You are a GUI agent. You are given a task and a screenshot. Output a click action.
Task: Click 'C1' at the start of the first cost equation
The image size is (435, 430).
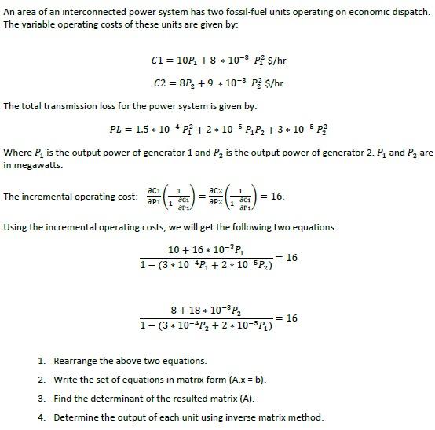click(157, 61)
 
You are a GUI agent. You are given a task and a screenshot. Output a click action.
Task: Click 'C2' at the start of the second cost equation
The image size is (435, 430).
click(157, 83)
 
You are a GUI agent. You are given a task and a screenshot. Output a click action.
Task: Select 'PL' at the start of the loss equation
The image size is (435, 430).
click(118, 129)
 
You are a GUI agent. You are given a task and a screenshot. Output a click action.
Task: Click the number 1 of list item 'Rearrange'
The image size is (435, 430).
click(41, 361)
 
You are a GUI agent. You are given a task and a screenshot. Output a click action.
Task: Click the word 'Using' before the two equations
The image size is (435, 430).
click(16, 227)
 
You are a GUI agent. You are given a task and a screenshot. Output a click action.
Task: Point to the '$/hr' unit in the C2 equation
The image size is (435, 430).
click(276, 83)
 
